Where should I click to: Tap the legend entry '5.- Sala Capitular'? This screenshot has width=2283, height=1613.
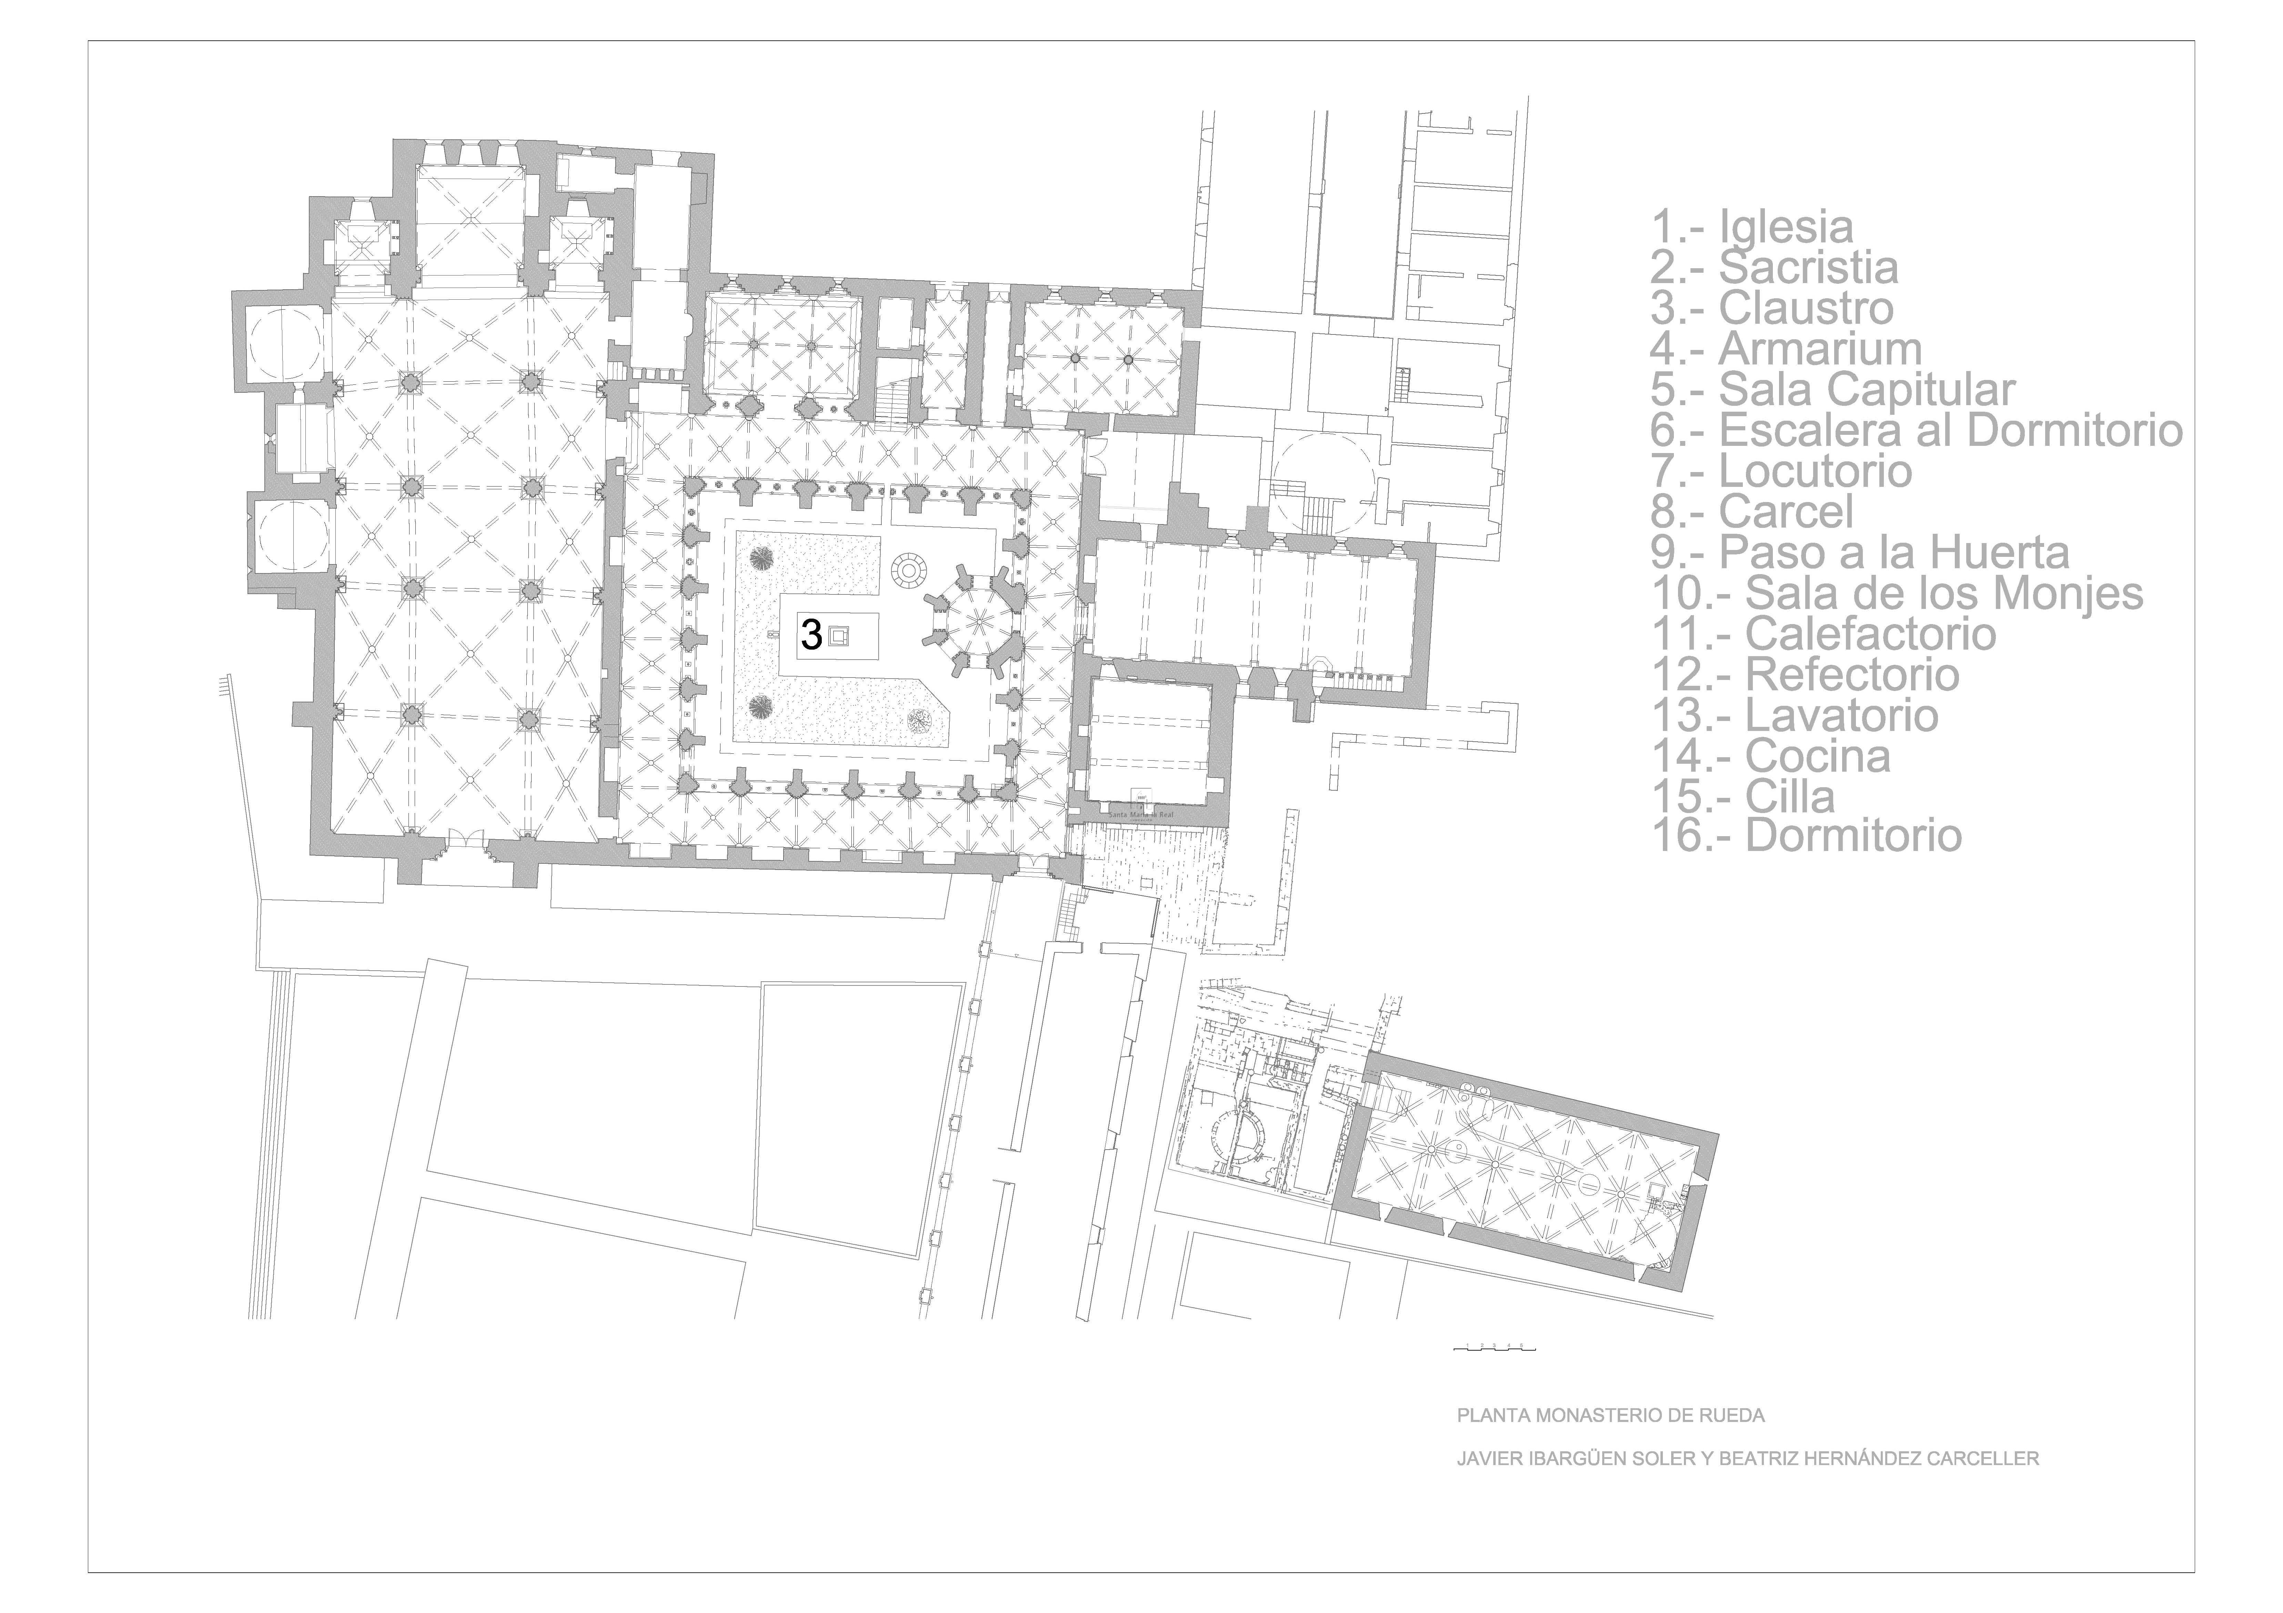[x=1832, y=390]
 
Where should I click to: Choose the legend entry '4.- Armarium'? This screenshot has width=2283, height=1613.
[x=1786, y=349]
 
